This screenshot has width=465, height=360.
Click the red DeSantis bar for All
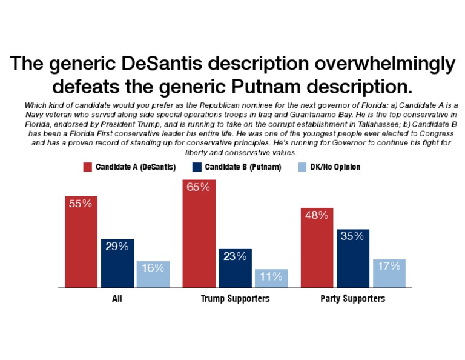[x=81, y=242]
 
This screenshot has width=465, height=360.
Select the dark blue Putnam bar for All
[x=117, y=264]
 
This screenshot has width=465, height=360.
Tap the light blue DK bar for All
[x=153, y=275]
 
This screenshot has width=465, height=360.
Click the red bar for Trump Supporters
[x=199, y=233]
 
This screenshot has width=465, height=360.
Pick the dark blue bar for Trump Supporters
[x=235, y=268]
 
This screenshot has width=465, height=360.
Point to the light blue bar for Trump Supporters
[x=271, y=278]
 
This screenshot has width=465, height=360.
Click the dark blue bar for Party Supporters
[x=352, y=259]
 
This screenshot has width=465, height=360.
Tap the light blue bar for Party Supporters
[x=389, y=273]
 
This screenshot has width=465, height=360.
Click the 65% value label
[x=199, y=187]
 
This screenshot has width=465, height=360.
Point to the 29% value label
[x=117, y=247]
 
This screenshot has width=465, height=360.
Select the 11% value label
[x=271, y=276]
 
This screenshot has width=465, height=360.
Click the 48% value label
[x=317, y=215]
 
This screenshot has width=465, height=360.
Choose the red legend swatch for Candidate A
[x=87, y=167]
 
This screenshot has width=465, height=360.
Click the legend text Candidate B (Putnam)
[x=243, y=167]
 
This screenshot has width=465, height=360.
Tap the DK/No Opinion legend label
[x=335, y=167]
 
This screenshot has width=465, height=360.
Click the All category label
[x=117, y=299]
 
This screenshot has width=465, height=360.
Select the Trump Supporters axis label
[x=235, y=299]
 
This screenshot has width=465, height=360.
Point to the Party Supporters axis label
[x=352, y=299]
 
